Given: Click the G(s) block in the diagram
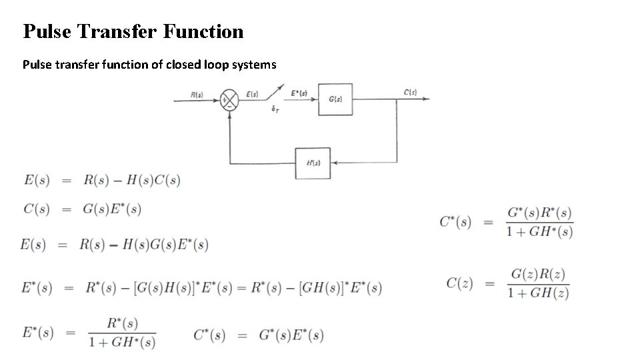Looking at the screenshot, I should tap(335, 99).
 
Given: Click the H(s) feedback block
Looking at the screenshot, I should tap(313, 163).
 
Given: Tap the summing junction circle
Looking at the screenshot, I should tap(229, 101).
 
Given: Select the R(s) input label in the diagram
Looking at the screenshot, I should tap(197, 94).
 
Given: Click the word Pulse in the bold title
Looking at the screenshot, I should tap(47, 31).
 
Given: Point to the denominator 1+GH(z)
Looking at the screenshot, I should tap(538, 293).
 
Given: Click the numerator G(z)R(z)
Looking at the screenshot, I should tap(539, 274).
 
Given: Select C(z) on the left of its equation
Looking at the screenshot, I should tap(460, 283).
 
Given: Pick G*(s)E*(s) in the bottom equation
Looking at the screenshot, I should tap(291, 335).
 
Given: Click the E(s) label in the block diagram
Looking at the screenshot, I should tap(253, 94).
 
